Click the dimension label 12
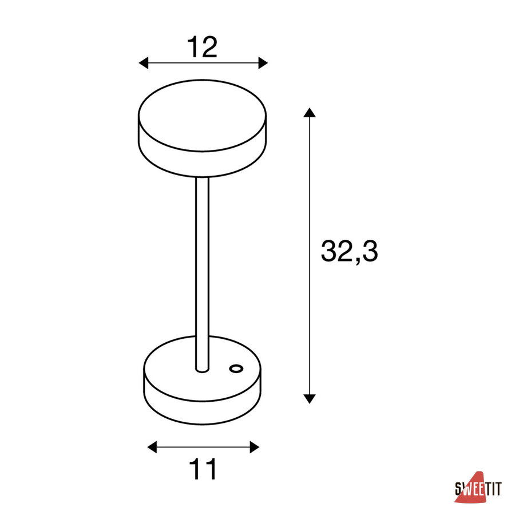(x=202, y=47)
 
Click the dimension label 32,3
(x=349, y=251)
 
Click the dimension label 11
(x=203, y=469)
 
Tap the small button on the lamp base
(x=236, y=369)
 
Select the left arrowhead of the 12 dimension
(x=144, y=63)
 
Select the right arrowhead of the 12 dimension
(x=263, y=63)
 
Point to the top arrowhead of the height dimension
(x=310, y=112)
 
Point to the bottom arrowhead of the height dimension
(x=310, y=399)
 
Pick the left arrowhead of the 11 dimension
(x=152, y=447)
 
